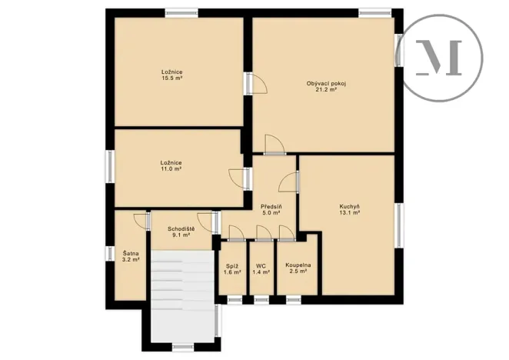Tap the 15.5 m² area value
(x=171, y=78)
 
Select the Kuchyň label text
(x=350, y=206)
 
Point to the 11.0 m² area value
(x=171, y=168)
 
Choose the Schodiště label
(x=181, y=230)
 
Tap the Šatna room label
(x=131, y=253)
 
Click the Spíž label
(x=233, y=265)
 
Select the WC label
(x=261, y=265)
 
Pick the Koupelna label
(x=298, y=265)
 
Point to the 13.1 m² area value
(x=350, y=213)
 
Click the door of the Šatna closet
(x=140, y=221)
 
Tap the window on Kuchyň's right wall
(x=398, y=225)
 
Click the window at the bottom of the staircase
(x=181, y=347)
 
